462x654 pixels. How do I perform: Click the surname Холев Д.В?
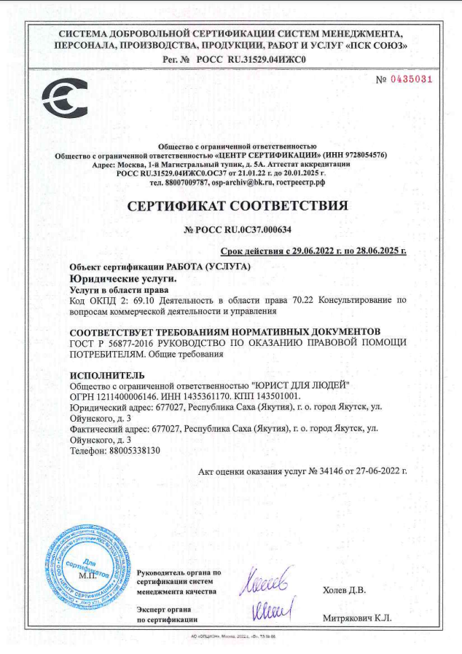pyautogui.click(x=343, y=589)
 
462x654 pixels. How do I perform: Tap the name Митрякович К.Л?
pyautogui.click(x=357, y=618)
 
